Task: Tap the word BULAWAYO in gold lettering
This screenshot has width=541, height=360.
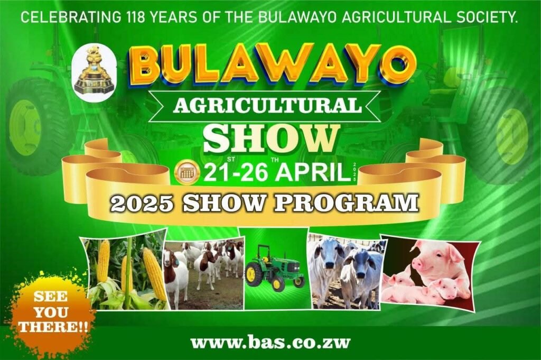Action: point(272,64)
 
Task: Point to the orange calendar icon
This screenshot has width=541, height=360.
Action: point(188,172)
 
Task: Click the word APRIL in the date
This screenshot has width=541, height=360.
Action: point(313,172)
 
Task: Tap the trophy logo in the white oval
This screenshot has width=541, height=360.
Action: point(94,72)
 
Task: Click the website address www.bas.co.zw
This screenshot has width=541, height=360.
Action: point(270,343)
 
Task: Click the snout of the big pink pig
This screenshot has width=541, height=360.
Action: point(417,265)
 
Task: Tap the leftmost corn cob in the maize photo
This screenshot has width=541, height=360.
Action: point(104,261)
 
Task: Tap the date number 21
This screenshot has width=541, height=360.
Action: point(216,172)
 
